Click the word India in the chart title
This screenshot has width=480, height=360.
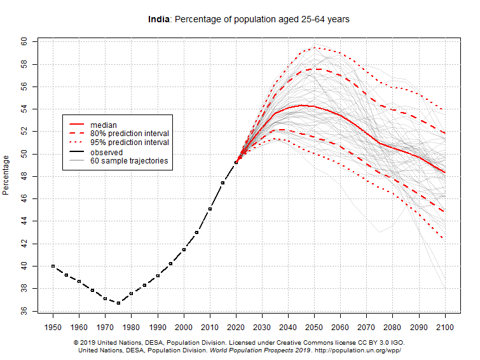tap(158, 20)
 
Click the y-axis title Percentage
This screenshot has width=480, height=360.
tap(6, 175)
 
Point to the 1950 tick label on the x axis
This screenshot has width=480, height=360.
tap(53, 327)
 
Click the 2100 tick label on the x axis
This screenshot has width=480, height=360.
tap(445, 327)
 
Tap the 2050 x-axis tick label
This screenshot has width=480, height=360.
tap(315, 327)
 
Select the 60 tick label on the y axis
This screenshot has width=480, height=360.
tap(24, 41)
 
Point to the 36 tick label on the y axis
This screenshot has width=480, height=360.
tap(24, 311)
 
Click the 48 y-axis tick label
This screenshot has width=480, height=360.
tap(24, 176)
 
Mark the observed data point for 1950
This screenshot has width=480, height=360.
tap(53, 266)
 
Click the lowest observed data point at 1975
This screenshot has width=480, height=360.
tap(118, 303)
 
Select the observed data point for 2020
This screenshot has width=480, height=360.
tap(236, 162)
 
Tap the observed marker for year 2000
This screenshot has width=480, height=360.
tap(184, 249)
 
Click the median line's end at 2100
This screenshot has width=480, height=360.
tap(445, 172)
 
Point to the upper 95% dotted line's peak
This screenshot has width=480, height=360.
tap(315, 47)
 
